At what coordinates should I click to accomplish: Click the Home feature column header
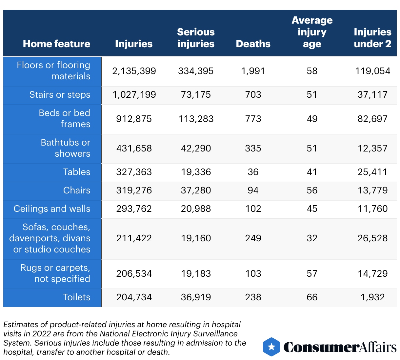[56, 44]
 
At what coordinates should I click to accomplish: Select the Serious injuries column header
[196, 38]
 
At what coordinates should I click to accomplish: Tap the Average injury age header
[312, 32]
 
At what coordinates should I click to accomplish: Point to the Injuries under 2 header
[372, 38]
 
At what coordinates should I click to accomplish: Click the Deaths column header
[253, 44]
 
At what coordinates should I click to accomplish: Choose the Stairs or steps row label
[60, 95]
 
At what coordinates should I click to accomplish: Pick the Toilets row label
[76, 297]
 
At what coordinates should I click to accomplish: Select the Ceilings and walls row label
[52, 209]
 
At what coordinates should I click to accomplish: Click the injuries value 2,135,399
[134, 71]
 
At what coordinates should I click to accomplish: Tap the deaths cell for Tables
[253, 172]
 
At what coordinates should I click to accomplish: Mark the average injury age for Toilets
[312, 297]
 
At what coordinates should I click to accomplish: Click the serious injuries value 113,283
[196, 119]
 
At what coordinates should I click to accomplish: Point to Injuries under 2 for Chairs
[372, 190]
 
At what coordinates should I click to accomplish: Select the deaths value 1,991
[253, 71]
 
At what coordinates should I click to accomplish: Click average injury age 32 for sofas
[312, 238]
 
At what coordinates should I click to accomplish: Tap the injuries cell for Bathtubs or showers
[134, 149]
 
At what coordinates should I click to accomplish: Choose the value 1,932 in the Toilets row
[372, 297]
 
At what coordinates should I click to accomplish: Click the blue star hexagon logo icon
[271, 347]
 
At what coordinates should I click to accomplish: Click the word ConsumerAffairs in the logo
[340, 347]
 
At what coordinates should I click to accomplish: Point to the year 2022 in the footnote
[41, 334]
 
